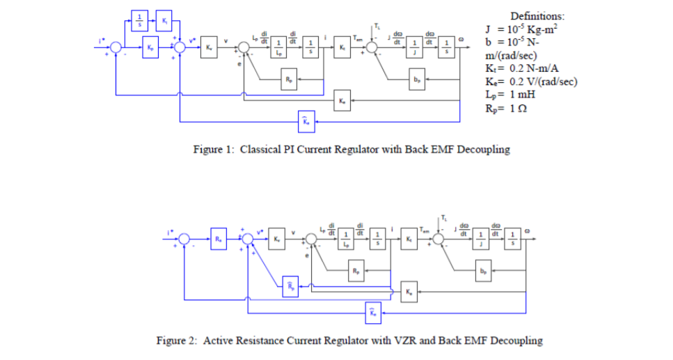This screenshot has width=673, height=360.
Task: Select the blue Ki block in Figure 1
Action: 164,19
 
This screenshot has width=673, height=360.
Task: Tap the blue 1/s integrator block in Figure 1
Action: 139,19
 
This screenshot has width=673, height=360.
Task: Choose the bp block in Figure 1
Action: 416,79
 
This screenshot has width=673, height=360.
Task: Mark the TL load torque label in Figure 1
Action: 377,26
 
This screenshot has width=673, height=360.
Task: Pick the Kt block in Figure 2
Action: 409,240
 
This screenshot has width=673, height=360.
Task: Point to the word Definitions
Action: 537,16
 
